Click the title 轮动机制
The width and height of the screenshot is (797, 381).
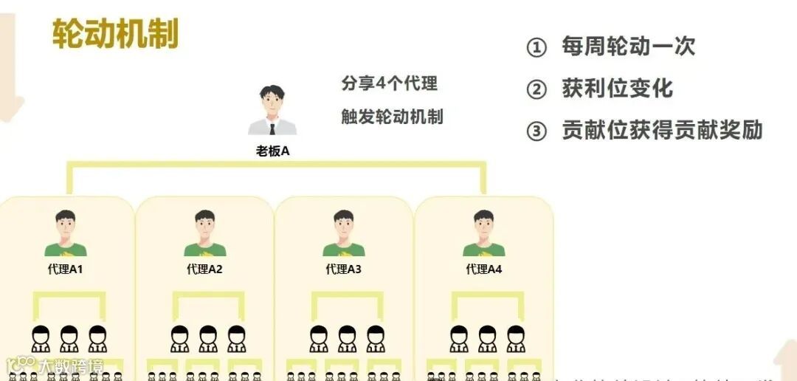click(x=115, y=33)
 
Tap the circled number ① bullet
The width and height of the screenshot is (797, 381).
click(x=536, y=48)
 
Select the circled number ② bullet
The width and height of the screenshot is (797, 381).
click(x=536, y=90)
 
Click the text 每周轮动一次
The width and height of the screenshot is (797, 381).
click(x=629, y=47)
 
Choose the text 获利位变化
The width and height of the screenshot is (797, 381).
click(x=618, y=89)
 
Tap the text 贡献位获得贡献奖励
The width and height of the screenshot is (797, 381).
click(x=662, y=131)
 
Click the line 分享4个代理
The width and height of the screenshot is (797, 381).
click(x=389, y=83)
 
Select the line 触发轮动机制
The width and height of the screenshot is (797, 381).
click(x=392, y=117)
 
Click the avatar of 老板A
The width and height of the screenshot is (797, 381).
click(x=272, y=111)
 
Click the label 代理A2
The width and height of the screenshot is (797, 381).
click(x=204, y=270)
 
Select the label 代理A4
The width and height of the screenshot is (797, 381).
click(x=483, y=270)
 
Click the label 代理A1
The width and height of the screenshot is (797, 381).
click(x=66, y=270)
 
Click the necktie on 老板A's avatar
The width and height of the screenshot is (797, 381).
click(x=272, y=128)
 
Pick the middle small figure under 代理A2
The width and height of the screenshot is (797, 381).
click(x=208, y=338)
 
